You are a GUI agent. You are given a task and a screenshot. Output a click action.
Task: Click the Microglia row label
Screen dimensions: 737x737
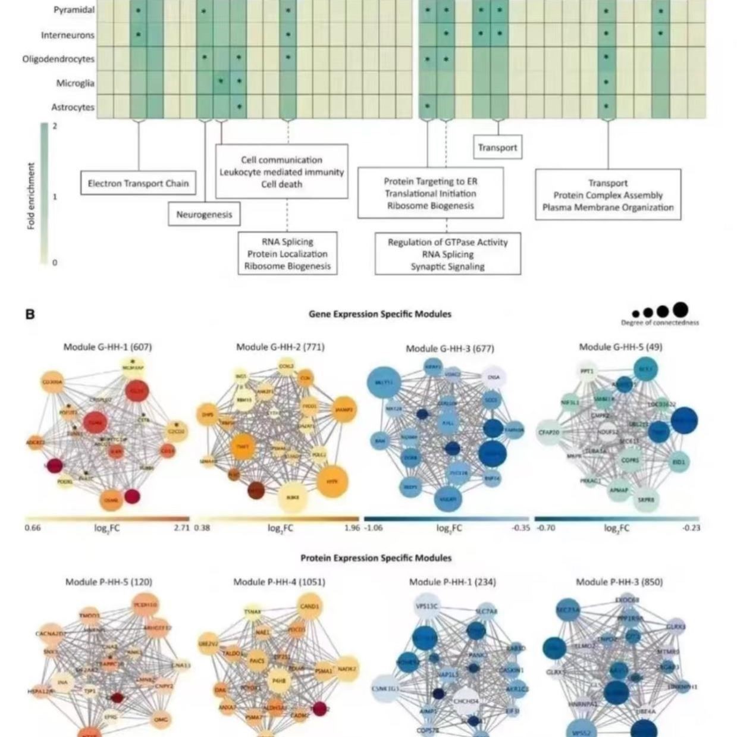75,83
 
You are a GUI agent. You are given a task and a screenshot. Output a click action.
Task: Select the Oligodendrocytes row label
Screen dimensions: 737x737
58,59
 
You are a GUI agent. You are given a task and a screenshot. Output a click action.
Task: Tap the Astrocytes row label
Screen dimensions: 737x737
72,107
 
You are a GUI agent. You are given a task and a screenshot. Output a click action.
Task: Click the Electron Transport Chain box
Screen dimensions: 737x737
138,183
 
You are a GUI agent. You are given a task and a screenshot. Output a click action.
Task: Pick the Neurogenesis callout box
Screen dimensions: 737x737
204,214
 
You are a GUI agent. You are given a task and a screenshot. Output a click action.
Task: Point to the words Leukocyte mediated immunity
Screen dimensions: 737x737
281,172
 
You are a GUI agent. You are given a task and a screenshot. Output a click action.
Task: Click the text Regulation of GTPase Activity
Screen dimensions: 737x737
447,242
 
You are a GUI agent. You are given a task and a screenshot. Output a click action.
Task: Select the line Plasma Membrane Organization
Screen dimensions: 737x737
607,208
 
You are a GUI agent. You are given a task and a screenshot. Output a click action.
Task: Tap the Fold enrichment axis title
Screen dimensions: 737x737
31,196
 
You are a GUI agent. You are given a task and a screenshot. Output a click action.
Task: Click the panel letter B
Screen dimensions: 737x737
30,313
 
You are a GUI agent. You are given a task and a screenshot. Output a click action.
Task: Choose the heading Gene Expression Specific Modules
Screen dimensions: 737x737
380,313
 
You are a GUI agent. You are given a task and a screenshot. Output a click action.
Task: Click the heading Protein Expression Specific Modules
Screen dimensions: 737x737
375,558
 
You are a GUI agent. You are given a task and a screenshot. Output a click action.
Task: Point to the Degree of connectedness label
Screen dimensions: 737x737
660,323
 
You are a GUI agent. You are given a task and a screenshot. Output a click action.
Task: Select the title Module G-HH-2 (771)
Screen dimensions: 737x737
280,347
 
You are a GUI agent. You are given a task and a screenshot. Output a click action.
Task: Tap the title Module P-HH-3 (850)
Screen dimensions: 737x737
619,582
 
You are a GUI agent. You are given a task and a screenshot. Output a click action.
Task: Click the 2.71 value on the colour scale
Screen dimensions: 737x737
181,528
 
